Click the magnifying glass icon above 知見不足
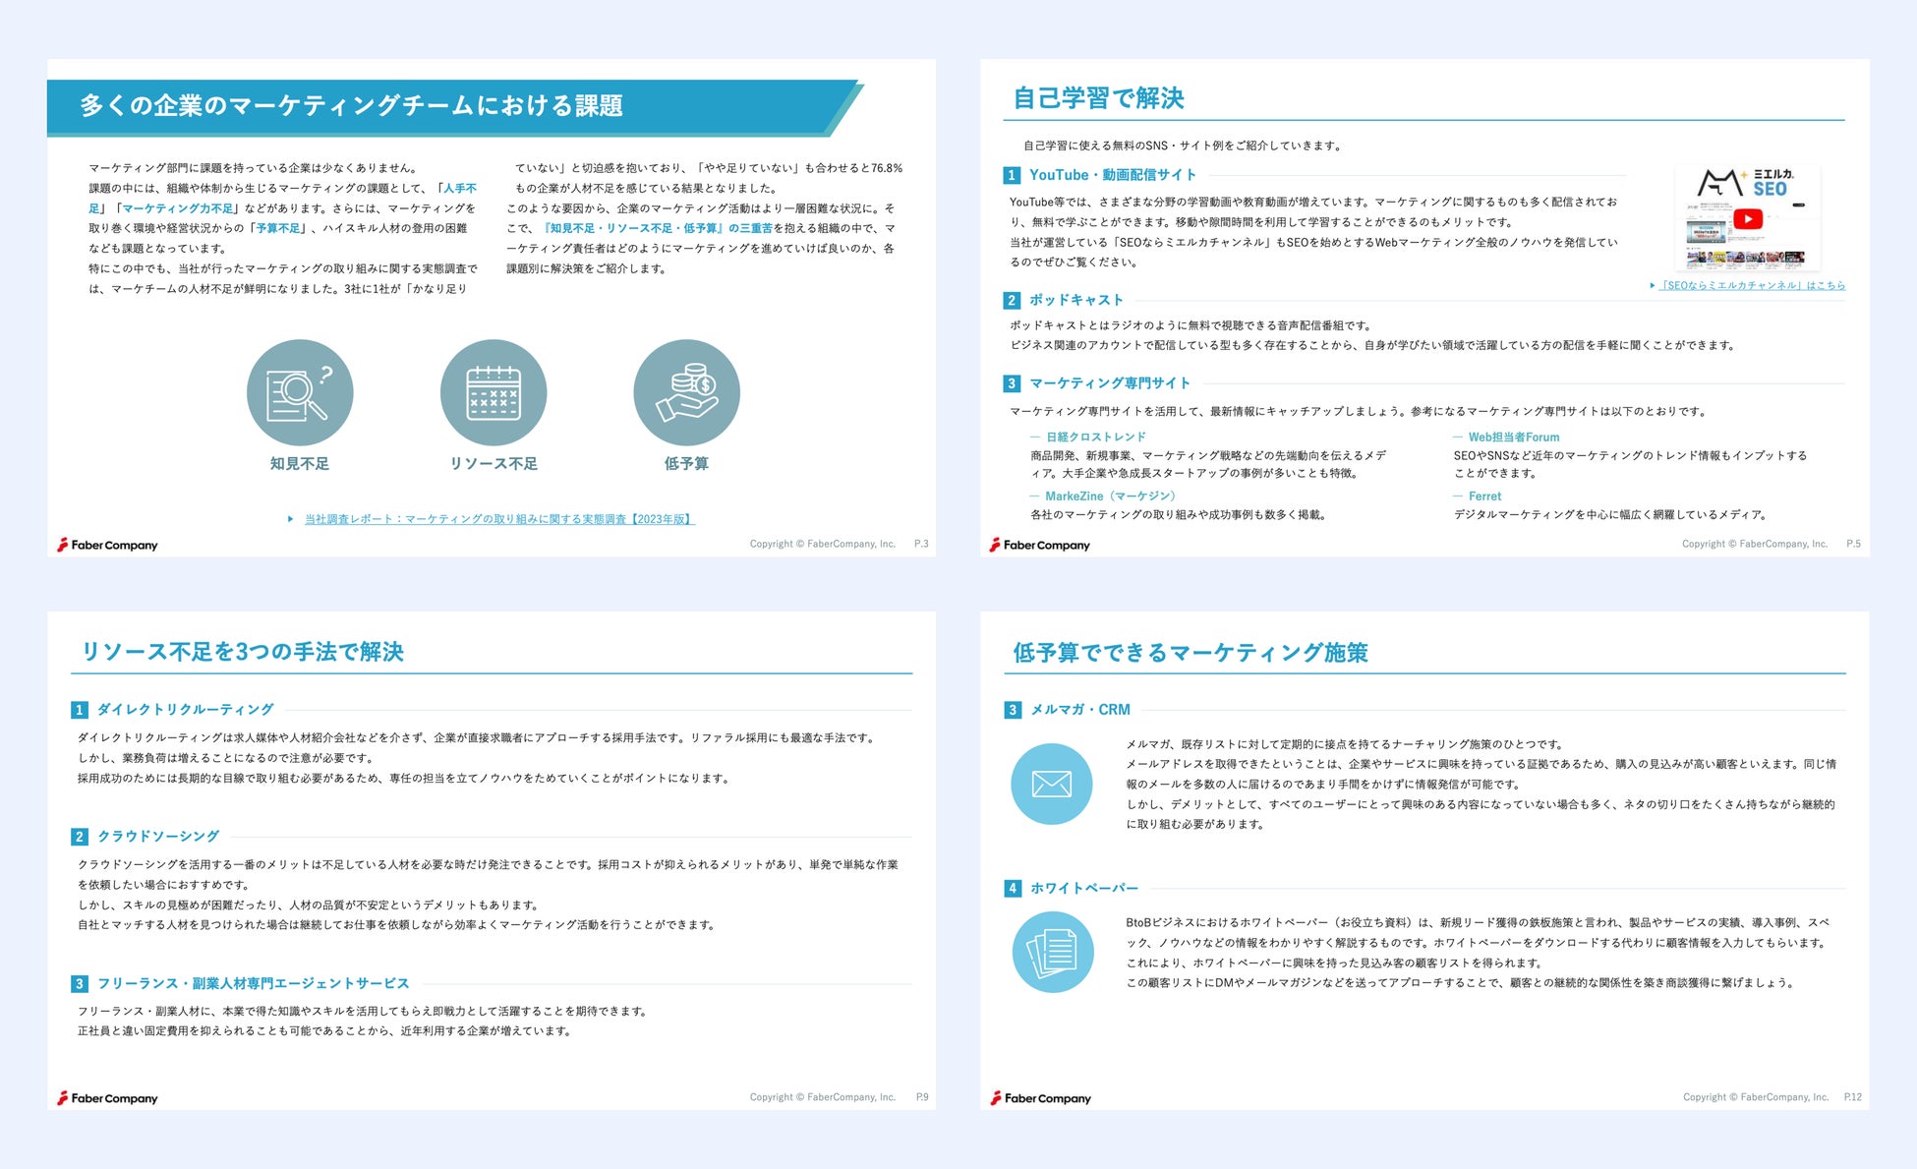point(300,392)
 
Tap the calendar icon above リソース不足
point(494,392)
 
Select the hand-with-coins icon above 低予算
point(686,392)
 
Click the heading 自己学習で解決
point(1098,98)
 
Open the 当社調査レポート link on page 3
point(498,519)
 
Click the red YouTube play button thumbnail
point(1747,219)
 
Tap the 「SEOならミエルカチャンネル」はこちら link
point(1751,285)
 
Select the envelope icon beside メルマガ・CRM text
point(1051,784)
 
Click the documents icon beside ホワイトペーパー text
point(1052,952)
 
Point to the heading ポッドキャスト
point(1075,300)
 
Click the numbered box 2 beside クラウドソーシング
point(80,837)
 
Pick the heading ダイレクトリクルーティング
point(185,709)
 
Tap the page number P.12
point(1852,1097)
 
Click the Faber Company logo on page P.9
point(107,1098)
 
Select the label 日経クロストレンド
point(1095,437)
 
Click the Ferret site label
point(1484,497)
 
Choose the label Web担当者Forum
point(1513,437)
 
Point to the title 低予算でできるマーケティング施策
point(1190,652)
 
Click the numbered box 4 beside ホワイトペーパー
point(1013,889)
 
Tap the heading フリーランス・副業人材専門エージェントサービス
point(253,983)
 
